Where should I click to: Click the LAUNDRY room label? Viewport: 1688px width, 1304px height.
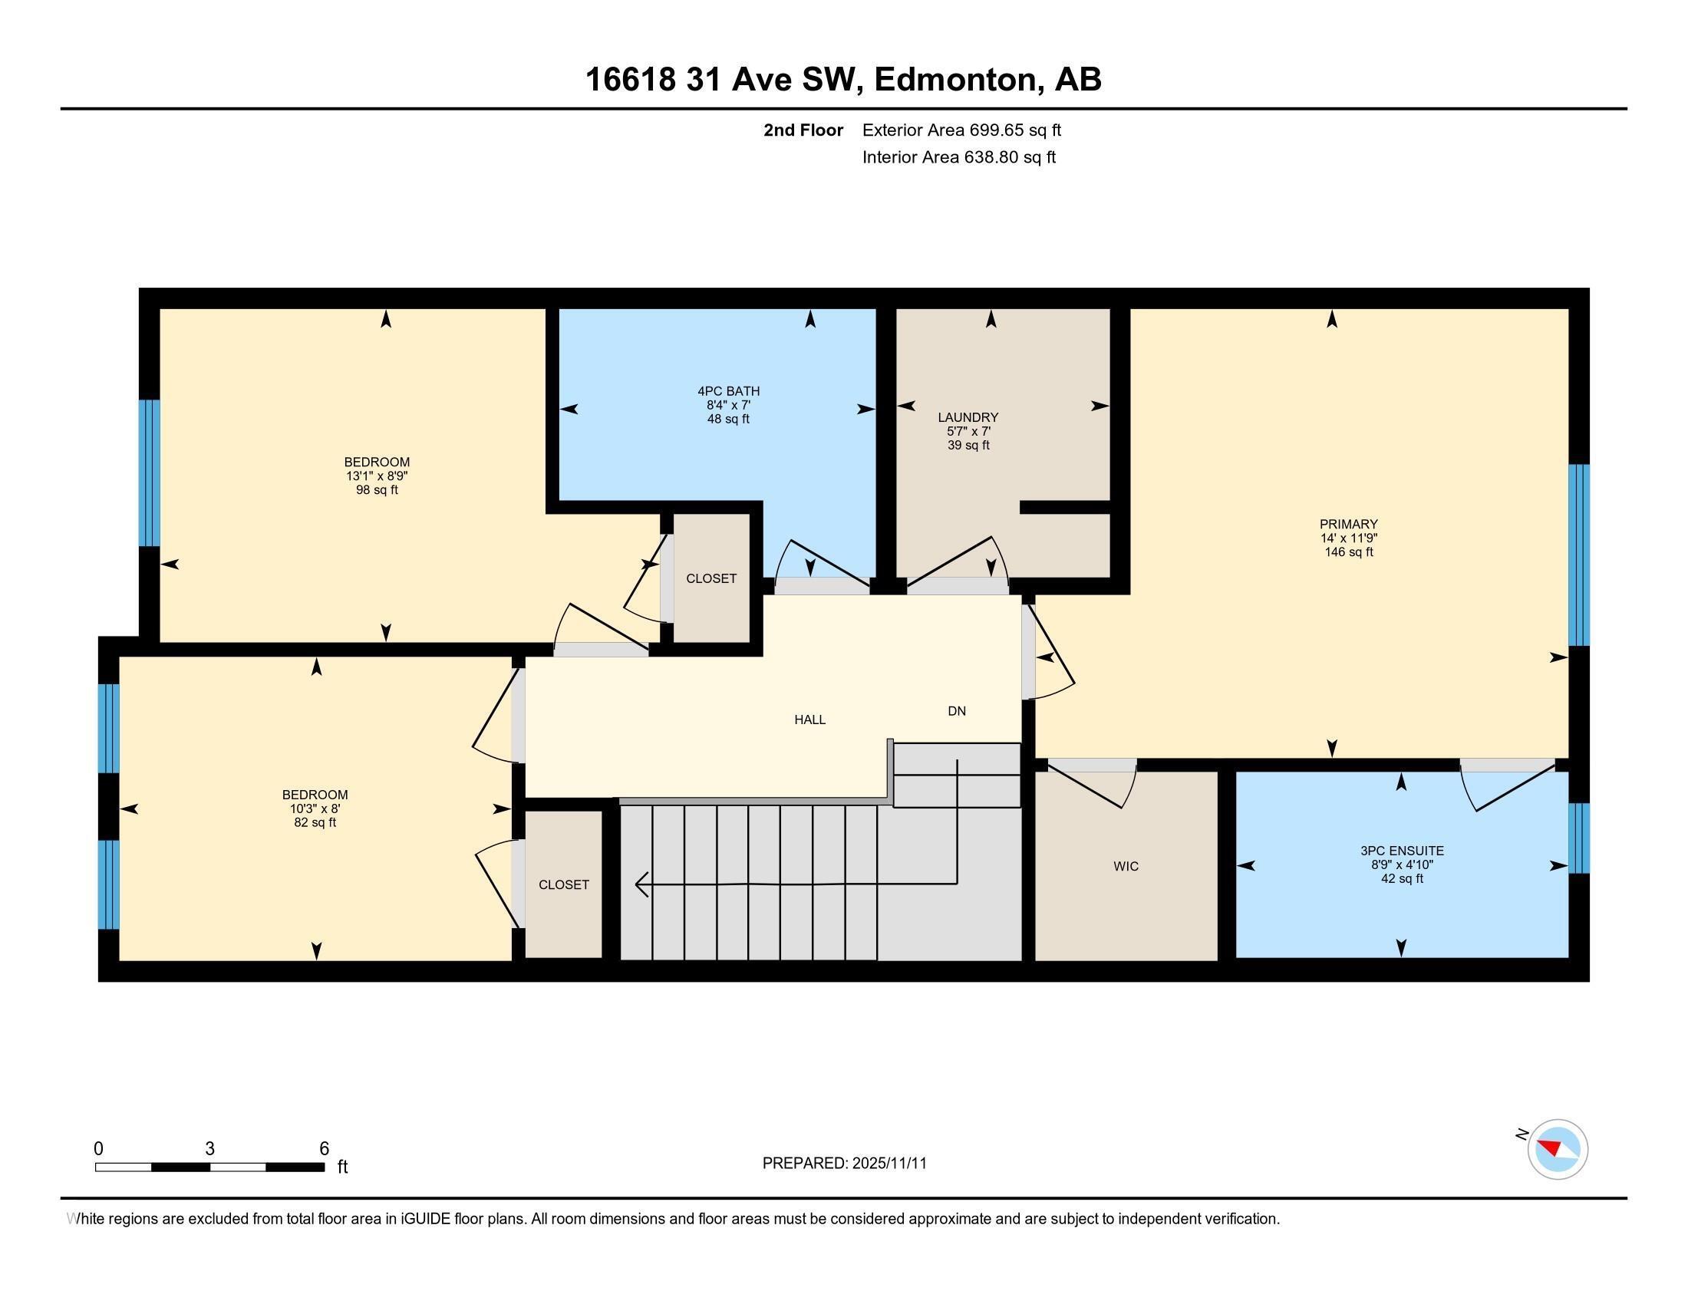pos(968,417)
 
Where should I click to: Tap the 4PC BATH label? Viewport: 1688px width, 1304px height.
pos(728,391)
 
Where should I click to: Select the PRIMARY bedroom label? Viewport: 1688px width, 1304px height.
pos(1349,524)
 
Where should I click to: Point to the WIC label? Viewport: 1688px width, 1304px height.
pos(1126,866)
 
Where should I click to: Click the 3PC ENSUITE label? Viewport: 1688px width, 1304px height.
pos(1402,851)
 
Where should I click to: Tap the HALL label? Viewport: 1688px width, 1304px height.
pos(809,720)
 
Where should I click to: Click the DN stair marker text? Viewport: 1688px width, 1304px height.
pos(956,711)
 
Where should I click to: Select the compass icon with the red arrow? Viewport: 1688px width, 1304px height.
pos(1558,1149)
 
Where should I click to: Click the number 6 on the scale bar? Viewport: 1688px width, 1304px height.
pos(324,1148)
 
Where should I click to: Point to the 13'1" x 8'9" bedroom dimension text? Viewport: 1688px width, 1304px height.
pos(377,476)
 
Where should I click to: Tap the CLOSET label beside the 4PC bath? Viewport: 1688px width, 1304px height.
pos(711,578)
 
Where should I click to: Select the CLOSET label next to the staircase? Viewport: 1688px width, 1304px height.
pos(563,884)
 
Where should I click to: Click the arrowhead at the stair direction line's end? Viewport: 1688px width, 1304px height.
pos(640,884)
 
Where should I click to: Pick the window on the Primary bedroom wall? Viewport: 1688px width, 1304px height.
pos(1578,554)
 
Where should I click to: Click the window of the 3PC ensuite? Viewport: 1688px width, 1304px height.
pos(1578,838)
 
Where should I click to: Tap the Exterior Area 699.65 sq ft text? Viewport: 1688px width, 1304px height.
pos(961,130)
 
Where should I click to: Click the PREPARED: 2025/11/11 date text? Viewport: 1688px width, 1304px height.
pos(844,1163)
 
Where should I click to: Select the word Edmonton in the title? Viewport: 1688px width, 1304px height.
pos(955,79)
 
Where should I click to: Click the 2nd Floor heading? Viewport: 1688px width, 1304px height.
pos(803,130)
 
